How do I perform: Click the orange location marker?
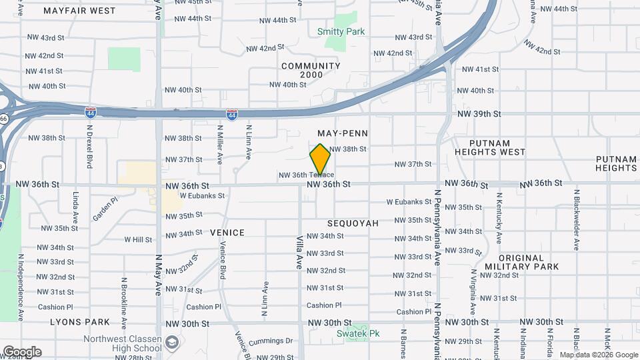click(320, 159)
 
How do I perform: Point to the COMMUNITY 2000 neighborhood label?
click(311, 70)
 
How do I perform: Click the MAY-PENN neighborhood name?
click(343, 134)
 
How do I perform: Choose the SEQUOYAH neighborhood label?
click(353, 223)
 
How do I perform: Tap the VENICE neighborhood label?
click(227, 233)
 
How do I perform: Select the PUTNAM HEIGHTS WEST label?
click(489, 147)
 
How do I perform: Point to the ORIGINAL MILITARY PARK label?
click(530, 262)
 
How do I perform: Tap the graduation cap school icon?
click(173, 343)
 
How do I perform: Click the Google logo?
click(22, 352)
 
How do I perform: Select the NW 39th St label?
click(479, 114)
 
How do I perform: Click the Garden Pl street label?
click(105, 208)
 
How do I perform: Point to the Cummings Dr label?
click(270, 341)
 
